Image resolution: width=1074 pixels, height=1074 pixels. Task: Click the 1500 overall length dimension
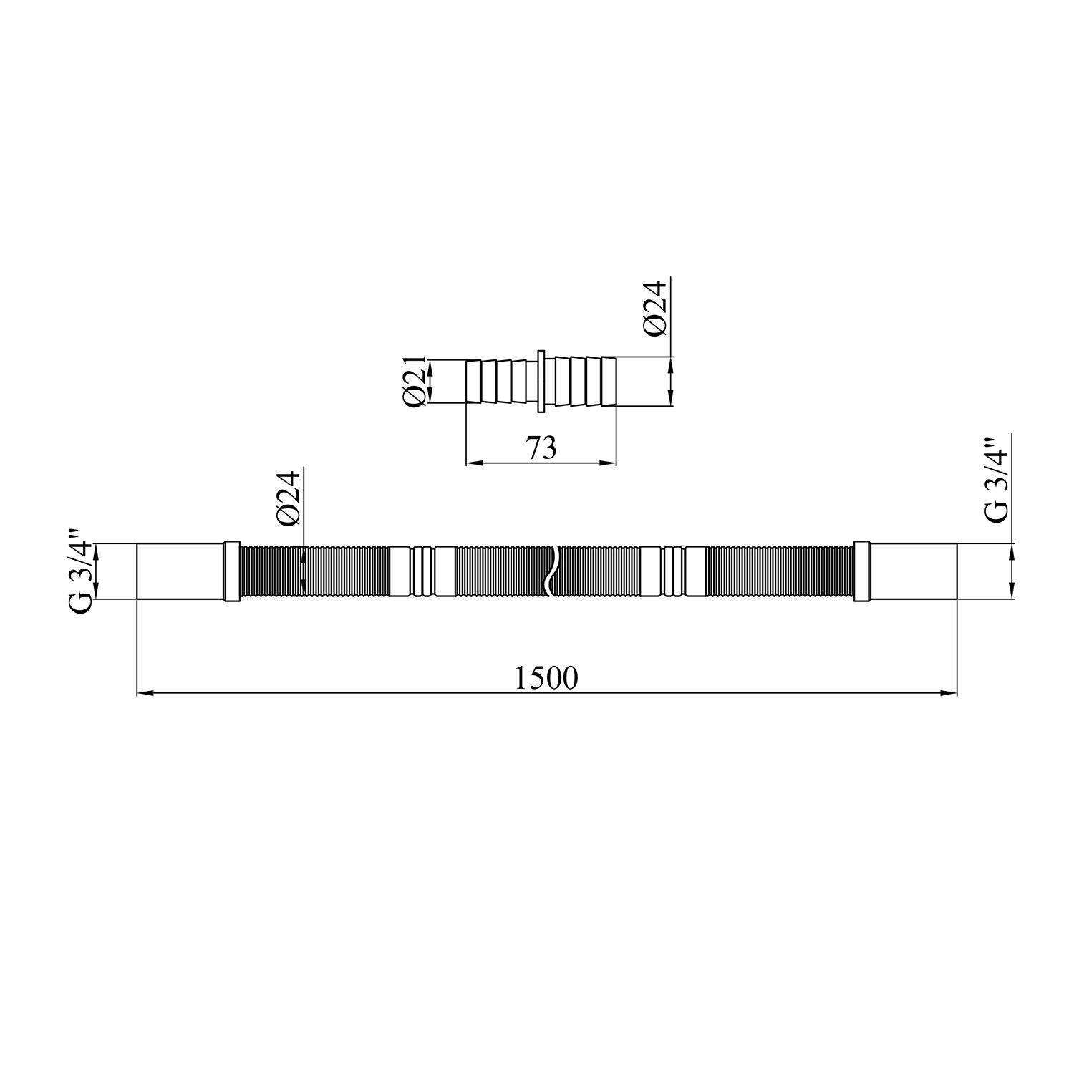click(x=546, y=678)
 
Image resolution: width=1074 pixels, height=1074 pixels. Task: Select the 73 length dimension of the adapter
click(x=541, y=448)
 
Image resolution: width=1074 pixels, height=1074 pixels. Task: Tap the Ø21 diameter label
click(x=415, y=382)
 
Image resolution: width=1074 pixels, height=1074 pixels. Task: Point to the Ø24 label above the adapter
click(x=655, y=308)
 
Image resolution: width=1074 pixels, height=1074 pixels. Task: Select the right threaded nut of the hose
click(x=914, y=571)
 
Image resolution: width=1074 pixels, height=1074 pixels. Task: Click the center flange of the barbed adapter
click(x=541, y=382)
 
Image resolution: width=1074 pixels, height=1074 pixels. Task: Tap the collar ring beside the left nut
click(x=232, y=571)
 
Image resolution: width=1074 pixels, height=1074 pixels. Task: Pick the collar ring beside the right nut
click(x=862, y=571)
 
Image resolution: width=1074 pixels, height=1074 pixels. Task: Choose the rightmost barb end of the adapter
click(x=608, y=382)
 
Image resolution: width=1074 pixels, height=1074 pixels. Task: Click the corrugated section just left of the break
click(x=501, y=571)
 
